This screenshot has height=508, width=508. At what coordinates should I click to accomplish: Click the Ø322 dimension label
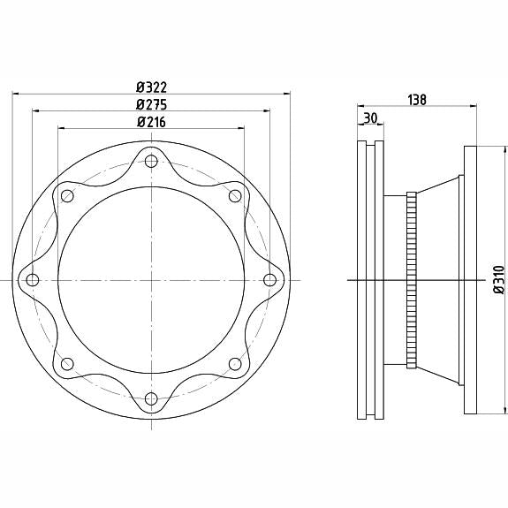click(x=152, y=87)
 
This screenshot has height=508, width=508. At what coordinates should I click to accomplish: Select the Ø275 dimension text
click(x=152, y=104)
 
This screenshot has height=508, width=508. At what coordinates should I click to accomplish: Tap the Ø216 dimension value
click(x=151, y=122)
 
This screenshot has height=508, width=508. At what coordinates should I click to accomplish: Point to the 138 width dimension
click(x=417, y=100)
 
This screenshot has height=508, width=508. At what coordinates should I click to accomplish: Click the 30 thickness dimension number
click(x=370, y=118)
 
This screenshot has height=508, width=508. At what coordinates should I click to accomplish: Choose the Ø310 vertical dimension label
click(x=499, y=279)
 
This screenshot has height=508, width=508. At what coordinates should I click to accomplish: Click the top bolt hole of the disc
click(x=151, y=161)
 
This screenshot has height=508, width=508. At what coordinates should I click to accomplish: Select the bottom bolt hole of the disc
click(x=151, y=398)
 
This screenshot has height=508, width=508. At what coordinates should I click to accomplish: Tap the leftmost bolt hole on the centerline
click(x=33, y=280)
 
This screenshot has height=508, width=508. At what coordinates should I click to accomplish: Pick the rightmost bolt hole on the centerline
click(x=269, y=280)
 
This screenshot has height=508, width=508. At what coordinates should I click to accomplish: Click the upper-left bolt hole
click(x=67, y=196)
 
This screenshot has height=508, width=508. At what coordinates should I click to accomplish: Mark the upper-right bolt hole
click(x=235, y=196)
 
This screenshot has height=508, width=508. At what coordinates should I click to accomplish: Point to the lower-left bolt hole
click(x=67, y=364)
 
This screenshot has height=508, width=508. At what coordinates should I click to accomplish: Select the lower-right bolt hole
click(x=235, y=364)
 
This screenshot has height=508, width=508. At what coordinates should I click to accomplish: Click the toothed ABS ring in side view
click(x=411, y=280)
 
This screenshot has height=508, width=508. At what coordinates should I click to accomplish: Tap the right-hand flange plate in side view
click(x=470, y=280)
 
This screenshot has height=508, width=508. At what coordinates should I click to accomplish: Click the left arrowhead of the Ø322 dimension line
click(x=15, y=94)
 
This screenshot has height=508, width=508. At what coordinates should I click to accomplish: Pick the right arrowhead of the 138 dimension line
click(x=474, y=105)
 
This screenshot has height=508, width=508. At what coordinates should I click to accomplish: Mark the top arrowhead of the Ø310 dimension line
click(x=504, y=149)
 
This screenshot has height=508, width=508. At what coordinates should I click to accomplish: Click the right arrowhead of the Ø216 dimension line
click(x=241, y=129)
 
